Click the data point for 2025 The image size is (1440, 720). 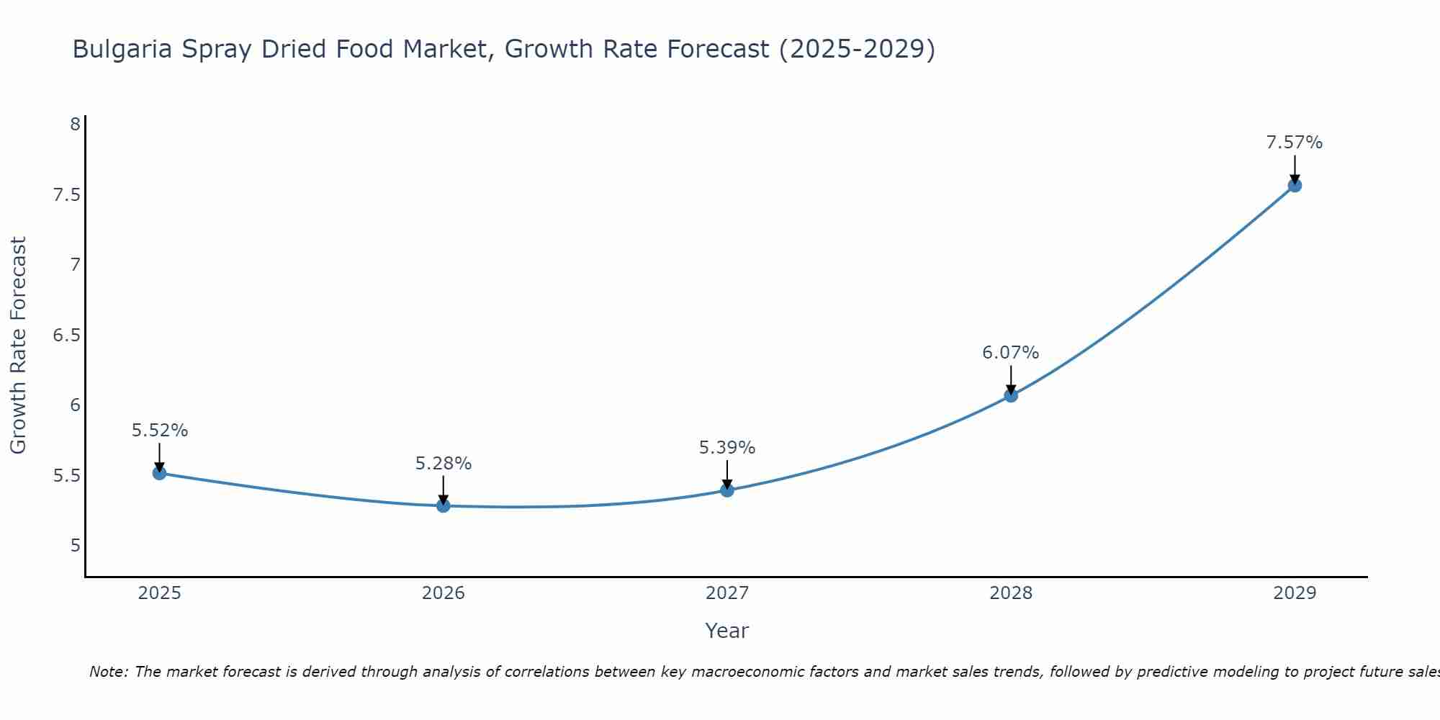coord(160,473)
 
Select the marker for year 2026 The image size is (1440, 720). coord(444,506)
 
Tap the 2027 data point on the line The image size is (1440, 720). coord(727,490)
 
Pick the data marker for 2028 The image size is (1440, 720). coord(1011,395)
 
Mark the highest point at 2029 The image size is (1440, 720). coord(1295,185)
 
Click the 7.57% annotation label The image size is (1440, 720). coord(1295,143)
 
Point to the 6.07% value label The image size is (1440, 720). coord(1011,353)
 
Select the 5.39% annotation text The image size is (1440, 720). coord(727,448)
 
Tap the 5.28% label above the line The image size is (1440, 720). coord(444,464)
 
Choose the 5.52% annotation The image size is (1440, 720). coord(160,431)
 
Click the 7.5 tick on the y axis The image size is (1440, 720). coord(66,195)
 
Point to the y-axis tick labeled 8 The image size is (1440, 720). coord(75,125)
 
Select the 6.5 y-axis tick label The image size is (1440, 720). coord(66,336)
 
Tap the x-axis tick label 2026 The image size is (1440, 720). coord(444,593)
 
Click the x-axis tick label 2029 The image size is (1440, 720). coord(1295,593)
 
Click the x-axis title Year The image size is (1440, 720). coord(727,631)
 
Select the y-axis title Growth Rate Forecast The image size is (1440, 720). coord(18,346)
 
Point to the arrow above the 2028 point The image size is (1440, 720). coord(1011,379)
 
